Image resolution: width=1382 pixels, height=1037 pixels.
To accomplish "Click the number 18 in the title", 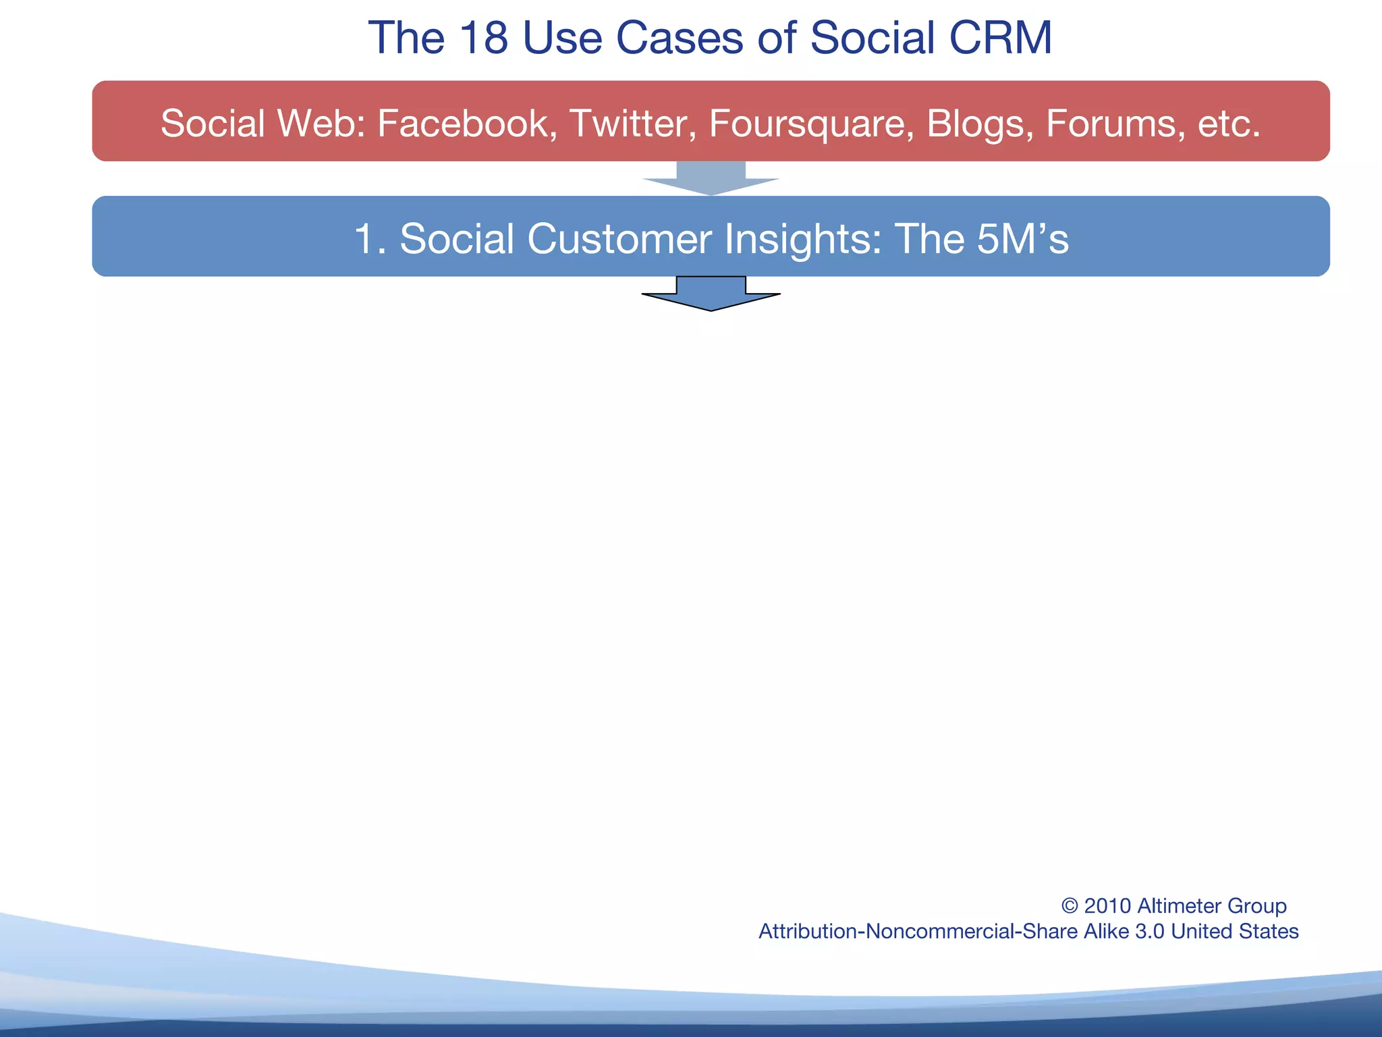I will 483,38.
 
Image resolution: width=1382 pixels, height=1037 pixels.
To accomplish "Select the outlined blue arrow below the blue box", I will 711,294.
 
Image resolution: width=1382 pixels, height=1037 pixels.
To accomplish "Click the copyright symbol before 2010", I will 1070,906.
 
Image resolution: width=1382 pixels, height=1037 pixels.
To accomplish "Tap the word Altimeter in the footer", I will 1178,906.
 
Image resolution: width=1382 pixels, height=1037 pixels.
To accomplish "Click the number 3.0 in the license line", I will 1150,932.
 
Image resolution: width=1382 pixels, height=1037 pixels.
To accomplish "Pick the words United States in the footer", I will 1234,932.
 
